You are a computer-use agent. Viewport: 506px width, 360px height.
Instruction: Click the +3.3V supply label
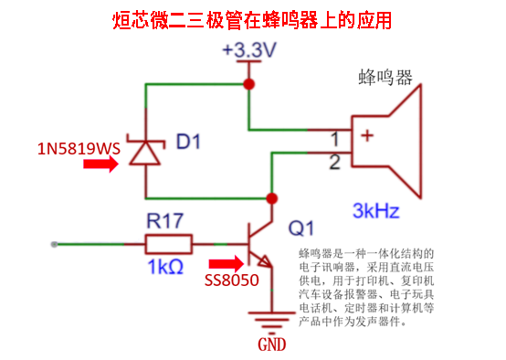click(249, 49)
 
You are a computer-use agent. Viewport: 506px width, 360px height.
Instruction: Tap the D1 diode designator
click(188, 142)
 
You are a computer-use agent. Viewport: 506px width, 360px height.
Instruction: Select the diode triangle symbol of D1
click(145, 153)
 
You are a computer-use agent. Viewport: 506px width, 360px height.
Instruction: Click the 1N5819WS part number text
click(79, 149)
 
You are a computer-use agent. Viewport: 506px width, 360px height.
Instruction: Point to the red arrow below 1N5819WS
click(101, 164)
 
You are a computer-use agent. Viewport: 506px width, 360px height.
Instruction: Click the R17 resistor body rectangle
click(169, 244)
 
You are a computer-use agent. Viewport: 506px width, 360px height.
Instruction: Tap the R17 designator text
click(165, 221)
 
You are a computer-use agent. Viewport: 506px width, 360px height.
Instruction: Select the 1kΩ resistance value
click(165, 267)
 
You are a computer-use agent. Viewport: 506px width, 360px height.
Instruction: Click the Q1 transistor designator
click(300, 228)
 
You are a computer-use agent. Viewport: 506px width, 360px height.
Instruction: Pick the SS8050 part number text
click(232, 281)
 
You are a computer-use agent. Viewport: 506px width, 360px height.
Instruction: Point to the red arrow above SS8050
click(227, 263)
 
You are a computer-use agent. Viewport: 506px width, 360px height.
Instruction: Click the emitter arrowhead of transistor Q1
click(265, 261)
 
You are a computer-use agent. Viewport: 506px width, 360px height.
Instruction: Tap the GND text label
click(271, 344)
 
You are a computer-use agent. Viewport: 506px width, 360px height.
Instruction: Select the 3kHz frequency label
click(376, 210)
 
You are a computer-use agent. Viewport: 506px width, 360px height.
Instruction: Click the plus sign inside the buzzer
click(367, 135)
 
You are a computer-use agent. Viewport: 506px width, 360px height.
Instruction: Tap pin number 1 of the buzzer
click(335, 139)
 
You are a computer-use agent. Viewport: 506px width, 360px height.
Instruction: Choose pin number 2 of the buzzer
click(334, 163)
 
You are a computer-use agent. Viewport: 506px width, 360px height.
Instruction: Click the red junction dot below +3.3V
click(248, 84)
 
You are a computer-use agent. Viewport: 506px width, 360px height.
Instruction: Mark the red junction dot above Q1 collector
click(272, 198)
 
